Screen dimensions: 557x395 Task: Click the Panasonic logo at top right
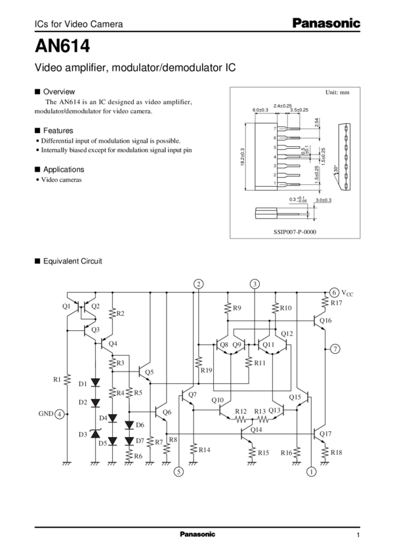326,24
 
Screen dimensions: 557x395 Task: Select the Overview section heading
58,91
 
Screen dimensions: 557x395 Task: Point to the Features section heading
57,130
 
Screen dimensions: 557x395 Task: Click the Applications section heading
62,169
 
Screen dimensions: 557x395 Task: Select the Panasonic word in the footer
197,535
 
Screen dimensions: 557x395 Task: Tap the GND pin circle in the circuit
60,413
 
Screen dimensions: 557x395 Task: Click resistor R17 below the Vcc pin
325,303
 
